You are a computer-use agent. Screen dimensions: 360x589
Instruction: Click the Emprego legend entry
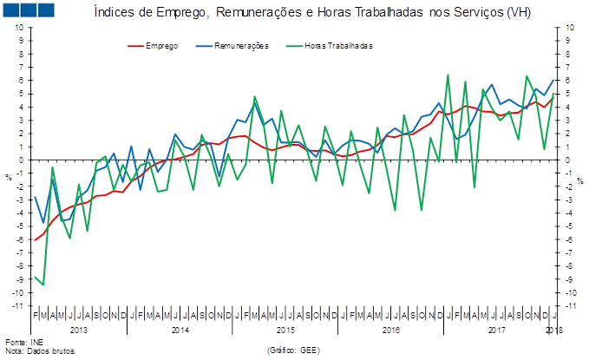click(161, 45)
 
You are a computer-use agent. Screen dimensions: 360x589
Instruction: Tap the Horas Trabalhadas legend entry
click(338, 45)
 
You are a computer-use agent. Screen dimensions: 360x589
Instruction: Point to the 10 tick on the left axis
click(19, 28)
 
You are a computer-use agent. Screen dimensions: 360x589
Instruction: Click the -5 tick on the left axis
click(19, 226)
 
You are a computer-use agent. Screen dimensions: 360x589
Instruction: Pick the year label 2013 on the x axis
click(77, 331)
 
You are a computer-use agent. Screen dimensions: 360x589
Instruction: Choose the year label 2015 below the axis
click(285, 331)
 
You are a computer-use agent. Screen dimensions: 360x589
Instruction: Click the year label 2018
click(554, 331)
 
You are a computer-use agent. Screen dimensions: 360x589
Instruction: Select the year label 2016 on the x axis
click(390, 331)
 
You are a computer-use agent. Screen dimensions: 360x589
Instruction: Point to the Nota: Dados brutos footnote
click(41, 351)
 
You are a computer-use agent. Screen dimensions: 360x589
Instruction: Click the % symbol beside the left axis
click(8, 177)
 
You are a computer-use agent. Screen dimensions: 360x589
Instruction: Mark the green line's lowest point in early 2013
click(43, 285)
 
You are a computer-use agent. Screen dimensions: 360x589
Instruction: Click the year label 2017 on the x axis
click(496, 331)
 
